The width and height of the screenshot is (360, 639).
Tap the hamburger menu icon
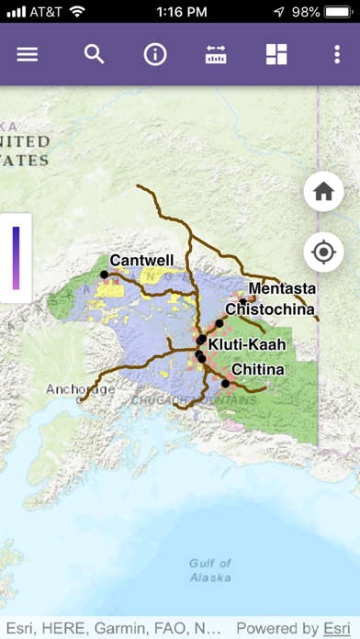click(28, 54)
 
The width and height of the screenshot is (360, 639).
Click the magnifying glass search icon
click(95, 54)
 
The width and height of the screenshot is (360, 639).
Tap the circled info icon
click(155, 54)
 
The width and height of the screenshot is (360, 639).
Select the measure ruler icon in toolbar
click(216, 54)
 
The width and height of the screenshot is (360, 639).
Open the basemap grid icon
click(276, 54)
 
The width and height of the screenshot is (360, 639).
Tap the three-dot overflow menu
click(337, 54)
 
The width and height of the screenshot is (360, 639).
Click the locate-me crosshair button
click(323, 252)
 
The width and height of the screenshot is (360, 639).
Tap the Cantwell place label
click(141, 261)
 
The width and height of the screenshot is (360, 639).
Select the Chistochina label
click(270, 309)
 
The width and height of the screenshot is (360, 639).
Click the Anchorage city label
click(81, 389)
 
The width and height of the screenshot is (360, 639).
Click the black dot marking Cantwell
click(105, 274)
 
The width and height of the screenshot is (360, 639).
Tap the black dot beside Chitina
click(226, 383)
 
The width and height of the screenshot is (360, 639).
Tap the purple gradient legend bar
click(16, 257)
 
